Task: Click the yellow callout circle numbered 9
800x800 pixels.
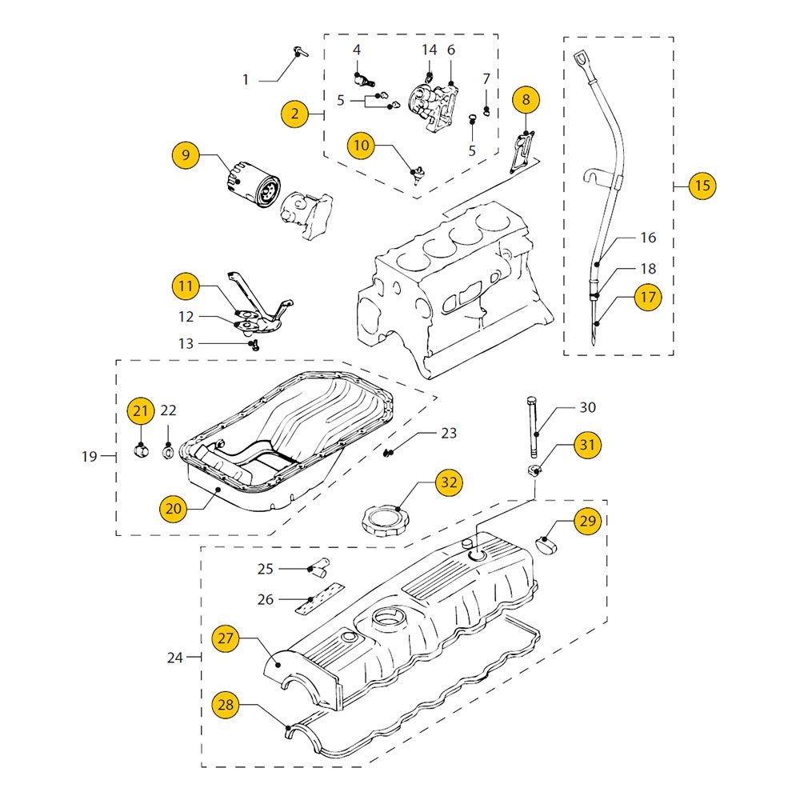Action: pos(186,154)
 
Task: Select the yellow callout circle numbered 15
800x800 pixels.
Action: pos(702,186)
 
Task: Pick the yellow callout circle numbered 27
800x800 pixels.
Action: pos(226,638)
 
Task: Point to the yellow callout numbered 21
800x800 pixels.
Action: pos(141,411)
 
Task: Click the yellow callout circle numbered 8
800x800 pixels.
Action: pos(526,99)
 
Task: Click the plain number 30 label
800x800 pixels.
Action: pos(587,407)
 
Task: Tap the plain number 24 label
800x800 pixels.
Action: pos(175,658)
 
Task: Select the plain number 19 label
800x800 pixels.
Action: pos(89,457)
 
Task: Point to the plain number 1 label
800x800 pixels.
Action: pos(246,80)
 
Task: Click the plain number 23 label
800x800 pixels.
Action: pos(449,433)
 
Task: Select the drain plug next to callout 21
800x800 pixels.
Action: pos(141,451)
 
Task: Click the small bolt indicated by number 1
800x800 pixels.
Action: pos(299,53)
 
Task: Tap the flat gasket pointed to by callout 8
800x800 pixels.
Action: pos(521,152)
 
